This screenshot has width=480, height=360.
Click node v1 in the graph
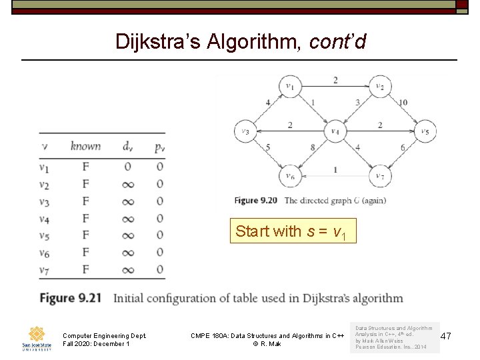(290, 86)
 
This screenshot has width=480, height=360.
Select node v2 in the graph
(379, 86)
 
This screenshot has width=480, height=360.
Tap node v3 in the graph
(245, 131)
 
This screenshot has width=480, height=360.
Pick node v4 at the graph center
(335, 131)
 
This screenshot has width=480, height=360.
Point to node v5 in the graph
(425, 131)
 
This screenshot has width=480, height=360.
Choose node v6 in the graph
(290, 177)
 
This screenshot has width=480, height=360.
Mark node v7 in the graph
(379, 177)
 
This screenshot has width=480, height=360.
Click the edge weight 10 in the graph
(403, 103)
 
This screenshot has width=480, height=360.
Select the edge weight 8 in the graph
(312, 147)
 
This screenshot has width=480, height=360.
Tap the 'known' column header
(85, 146)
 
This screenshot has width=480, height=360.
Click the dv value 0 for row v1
(127, 166)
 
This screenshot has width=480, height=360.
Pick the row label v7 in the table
(44, 269)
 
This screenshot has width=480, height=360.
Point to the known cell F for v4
(85, 218)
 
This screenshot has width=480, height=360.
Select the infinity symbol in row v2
(127, 184)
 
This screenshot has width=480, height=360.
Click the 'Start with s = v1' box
(293, 231)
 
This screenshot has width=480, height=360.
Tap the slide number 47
(446, 337)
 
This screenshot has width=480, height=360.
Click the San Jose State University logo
(35, 337)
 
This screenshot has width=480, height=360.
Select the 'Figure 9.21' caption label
(70, 297)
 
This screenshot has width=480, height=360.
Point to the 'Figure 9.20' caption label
(255, 200)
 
